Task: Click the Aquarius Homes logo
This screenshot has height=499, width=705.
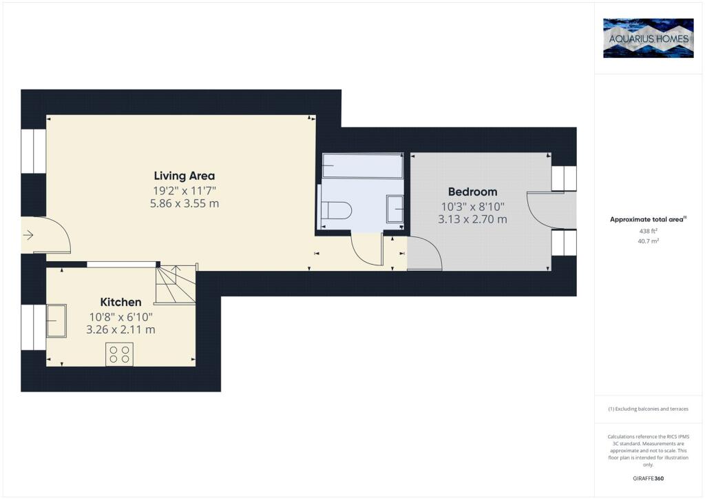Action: pos(648,38)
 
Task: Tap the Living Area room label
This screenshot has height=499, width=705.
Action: pos(185,176)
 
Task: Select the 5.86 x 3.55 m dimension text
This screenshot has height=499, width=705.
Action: pos(185,203)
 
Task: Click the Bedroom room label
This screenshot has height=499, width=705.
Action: pos(472,192)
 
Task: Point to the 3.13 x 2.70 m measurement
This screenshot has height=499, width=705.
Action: pos(472,220)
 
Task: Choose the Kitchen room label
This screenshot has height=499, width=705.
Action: pos(120,302)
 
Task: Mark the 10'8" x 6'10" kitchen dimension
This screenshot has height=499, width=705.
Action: pos(121,317)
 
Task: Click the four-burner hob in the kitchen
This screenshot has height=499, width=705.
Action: pos(119,354)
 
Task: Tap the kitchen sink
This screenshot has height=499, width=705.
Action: pos(56,320)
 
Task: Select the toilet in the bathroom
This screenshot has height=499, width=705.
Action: pos(335,210)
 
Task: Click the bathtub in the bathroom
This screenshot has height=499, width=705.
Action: pos(362,166)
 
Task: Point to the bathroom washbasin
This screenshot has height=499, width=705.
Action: pos(394,209)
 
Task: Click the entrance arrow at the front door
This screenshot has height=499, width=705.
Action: pos(28,235)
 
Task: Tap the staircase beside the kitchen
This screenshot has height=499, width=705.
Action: pos(176,285)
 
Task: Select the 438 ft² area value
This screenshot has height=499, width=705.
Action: pos(648,231)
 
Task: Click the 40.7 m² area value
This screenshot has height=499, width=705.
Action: pos(648,241)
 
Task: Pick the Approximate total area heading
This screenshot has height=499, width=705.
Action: pos(648,220)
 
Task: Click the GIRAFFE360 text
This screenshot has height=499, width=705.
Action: pos(648,478)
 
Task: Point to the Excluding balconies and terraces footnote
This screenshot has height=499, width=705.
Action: pos(648,409)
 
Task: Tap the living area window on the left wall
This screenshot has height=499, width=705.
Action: pos(34,151)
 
